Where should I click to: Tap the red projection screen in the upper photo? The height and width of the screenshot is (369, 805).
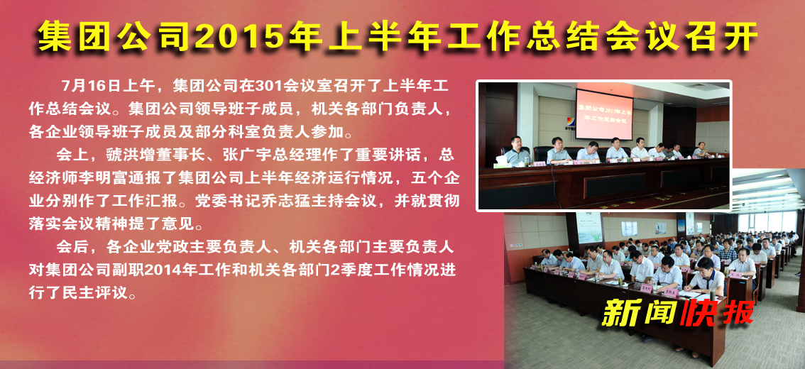point(603,114)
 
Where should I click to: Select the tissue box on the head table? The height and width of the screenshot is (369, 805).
point(500,165)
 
